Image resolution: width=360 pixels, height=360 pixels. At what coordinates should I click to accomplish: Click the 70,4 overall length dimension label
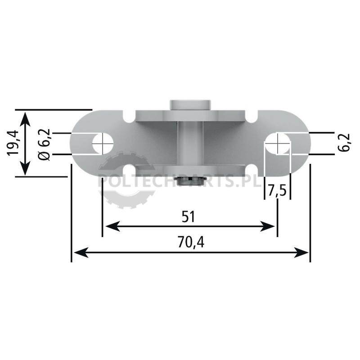click(x=191, y=242)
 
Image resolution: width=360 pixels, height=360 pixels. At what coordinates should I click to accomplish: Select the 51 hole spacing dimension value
click(x=188, y=217)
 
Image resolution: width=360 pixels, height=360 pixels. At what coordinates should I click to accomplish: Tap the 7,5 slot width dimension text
click(x=277, y=191)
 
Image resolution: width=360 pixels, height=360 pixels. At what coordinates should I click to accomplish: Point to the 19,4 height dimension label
click(x=13, y=143)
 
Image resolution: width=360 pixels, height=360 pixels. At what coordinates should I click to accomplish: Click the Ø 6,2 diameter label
click(x=44, y=144)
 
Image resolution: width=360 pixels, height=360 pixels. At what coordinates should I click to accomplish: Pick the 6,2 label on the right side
click(x=344, y=142)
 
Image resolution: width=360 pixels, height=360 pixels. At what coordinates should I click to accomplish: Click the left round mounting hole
click(x=103, y=144)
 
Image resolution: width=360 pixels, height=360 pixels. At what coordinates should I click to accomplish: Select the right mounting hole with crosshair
click(x=278, y=144)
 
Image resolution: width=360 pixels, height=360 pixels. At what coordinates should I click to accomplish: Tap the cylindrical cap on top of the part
click(x=190, y=105)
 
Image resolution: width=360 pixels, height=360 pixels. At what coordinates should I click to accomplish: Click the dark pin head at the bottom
click(x=190, y=181)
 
